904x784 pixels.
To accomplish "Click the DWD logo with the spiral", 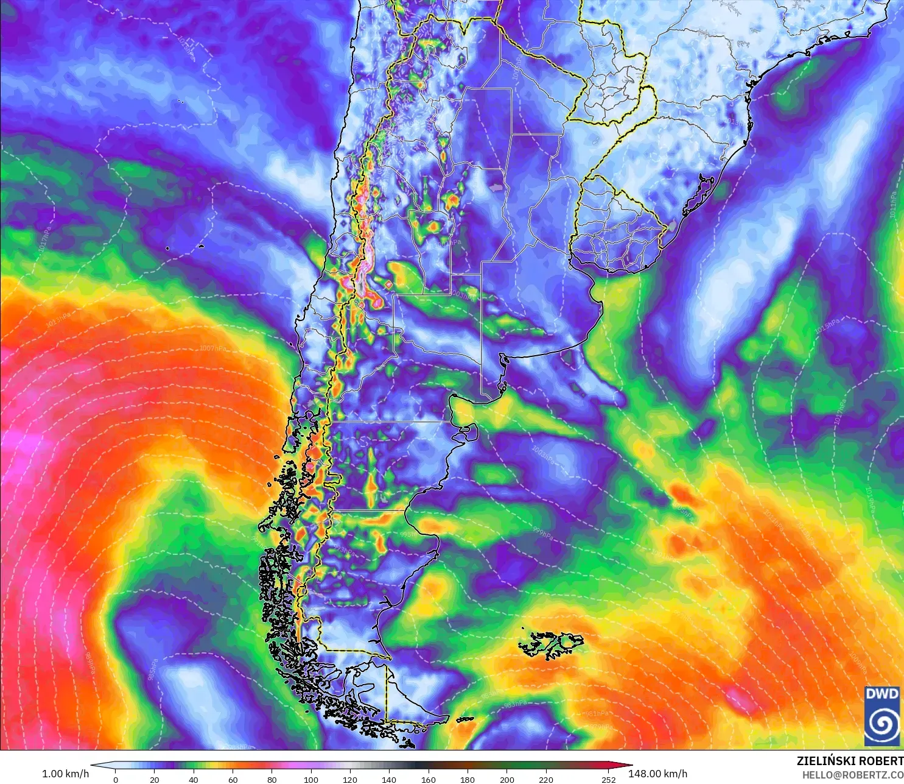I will pyautogui.click(x=881, y=715).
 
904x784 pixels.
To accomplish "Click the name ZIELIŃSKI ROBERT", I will pyautogui.click(x=850, y=761).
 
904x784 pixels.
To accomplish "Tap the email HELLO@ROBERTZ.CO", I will pyautogui.click(x=852, y=775).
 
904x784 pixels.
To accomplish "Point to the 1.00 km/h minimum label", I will pyautogui.click(x=65, y=774).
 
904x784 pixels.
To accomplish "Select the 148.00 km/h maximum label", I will pyautogui.click(x=657, y=774).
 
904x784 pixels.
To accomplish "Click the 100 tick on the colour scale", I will pyautogui.click(x=311, y=779).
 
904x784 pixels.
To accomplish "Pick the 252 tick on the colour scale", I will pyautogui.click(x=609, y=779).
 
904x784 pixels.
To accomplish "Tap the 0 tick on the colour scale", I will pyautogui.click(x=116, y=779).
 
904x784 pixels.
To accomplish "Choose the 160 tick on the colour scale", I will pyautogui.click(x=429, y=779).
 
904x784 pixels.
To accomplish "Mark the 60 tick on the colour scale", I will pyautogui.click(x=233, y=779).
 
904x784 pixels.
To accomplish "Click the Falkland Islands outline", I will pyautogui.click(x=551, y=645).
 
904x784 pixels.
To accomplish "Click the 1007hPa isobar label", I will pyautogui.click(x=212, y=348).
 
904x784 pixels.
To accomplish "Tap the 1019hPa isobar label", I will pyautogui.click(x=869, y=500).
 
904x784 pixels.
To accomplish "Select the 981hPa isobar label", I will pyautogui.click(x=597, y=713).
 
